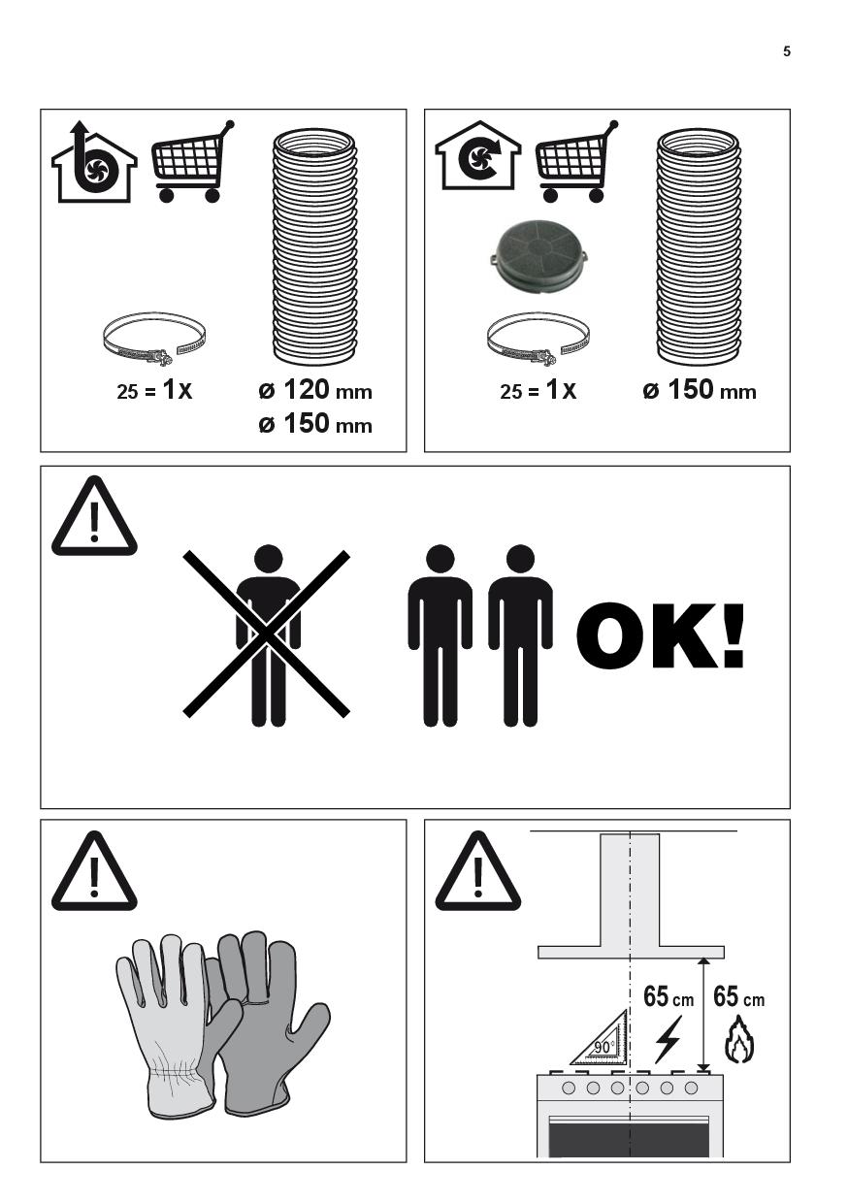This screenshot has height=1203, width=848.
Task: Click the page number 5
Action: point(787,51)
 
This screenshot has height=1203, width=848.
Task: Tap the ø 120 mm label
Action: point(315,390)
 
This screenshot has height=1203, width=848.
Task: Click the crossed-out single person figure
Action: point(267,635)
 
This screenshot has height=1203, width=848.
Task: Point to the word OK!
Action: point(660,635)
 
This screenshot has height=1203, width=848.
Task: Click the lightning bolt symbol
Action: point(668,1039)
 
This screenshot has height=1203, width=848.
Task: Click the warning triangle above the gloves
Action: point(94,872)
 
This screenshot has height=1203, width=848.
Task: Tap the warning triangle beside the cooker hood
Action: point(478,872)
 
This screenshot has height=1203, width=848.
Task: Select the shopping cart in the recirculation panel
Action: point(576,161)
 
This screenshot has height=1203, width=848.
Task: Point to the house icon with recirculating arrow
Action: point(478,156)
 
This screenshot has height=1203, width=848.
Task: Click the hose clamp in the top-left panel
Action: point(154,339)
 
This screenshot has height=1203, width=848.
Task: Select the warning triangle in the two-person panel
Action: point(94,516)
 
